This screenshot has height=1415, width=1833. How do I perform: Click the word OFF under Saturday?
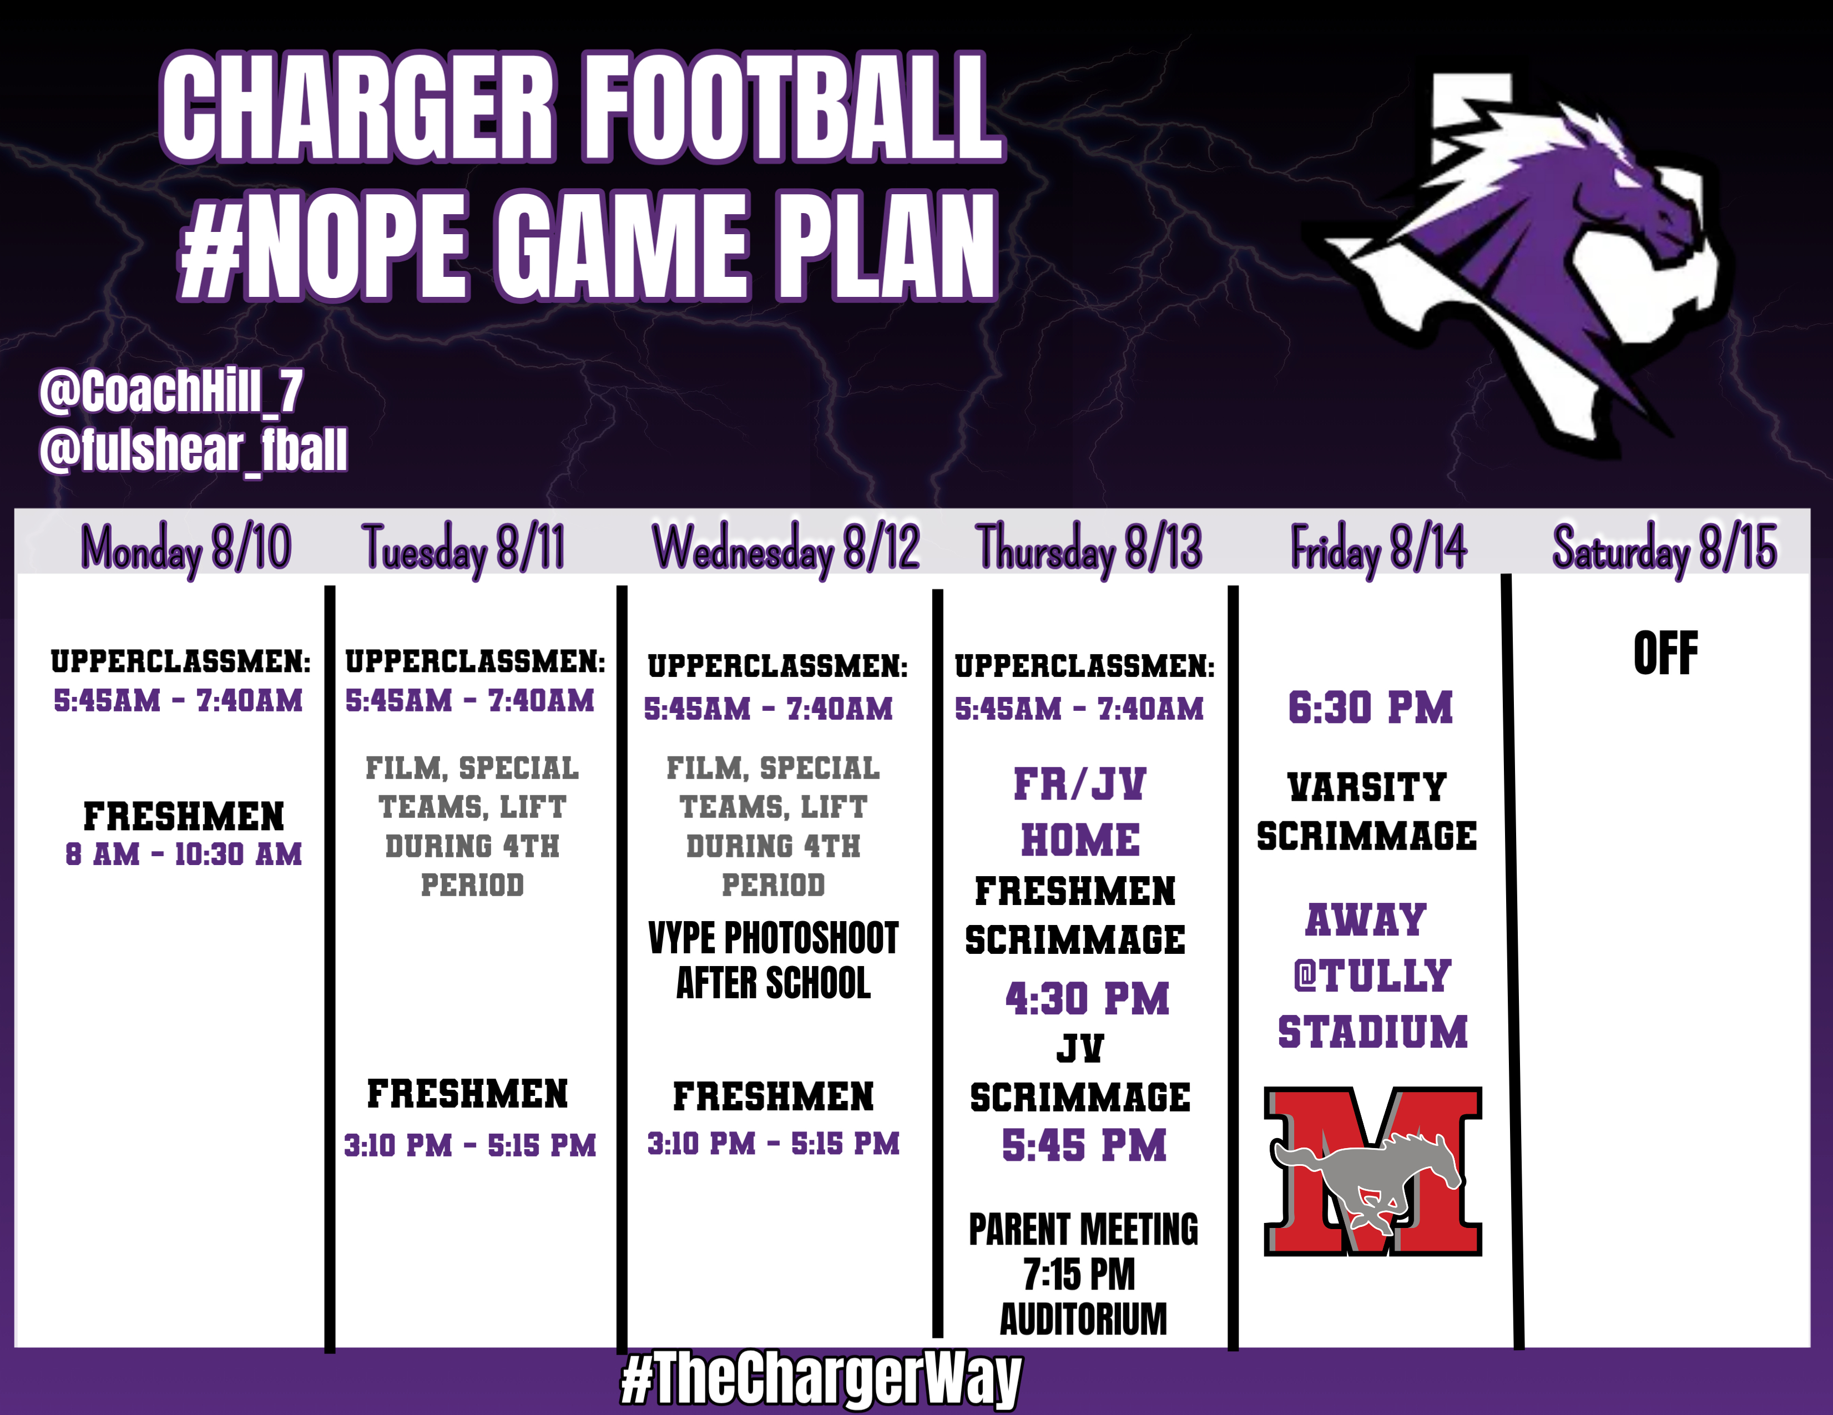pos(1665,653)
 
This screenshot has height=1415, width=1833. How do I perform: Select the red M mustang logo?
pos(1373,1171)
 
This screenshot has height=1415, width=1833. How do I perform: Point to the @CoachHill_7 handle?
pos(171,391)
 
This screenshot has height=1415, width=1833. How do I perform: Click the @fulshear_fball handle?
pos(193,451)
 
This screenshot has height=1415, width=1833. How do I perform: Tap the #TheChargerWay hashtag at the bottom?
pos(821,1379)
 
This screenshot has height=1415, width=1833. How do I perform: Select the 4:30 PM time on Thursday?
pos(1088,999)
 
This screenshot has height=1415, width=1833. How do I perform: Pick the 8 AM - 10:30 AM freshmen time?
pos(184,855)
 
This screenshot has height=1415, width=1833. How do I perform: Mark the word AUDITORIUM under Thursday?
pos(1083,1318)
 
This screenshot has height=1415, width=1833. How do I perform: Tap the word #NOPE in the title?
pos(323,245)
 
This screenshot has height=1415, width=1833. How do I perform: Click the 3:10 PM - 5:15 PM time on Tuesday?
pos(470,1145)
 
